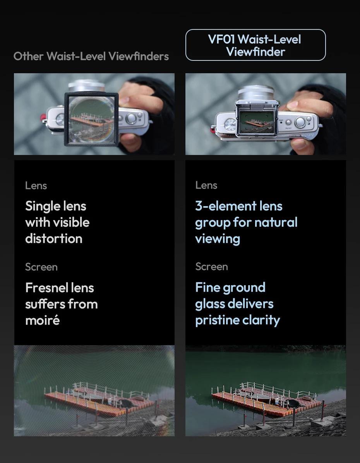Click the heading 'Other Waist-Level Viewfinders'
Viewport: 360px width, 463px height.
point(91,56)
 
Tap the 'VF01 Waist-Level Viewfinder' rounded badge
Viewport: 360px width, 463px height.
point(255,45)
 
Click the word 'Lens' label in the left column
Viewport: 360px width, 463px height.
point(36,186)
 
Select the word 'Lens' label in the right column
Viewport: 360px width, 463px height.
point(206,185)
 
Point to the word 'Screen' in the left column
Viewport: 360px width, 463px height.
point(41,267)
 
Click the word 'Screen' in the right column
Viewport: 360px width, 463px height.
point(211,267)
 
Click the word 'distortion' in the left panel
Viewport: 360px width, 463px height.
point(54,239)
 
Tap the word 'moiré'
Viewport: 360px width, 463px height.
point(42,320)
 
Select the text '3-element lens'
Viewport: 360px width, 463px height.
point(238,206)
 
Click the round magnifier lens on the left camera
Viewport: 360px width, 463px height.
point(91,119)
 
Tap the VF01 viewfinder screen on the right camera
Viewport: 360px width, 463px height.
point(257,121)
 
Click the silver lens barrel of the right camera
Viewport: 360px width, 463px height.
point(256,93)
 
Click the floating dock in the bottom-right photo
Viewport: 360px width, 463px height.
point(267,399)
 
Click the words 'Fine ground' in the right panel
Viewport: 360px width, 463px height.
point(230,287)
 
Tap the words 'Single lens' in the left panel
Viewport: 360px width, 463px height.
point(56,206)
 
